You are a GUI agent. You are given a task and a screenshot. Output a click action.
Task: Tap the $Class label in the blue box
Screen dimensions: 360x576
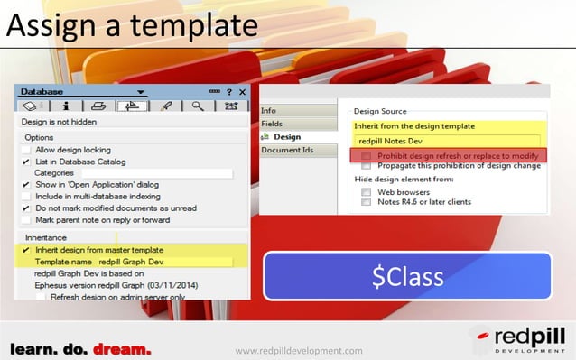pos(408,277)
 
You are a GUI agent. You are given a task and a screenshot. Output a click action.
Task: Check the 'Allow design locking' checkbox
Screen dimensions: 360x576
pos(26,150)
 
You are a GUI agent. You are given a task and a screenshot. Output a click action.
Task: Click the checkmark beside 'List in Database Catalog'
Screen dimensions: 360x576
pos(26,162)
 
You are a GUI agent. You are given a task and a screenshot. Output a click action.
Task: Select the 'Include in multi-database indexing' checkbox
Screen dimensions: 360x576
pos(26,196)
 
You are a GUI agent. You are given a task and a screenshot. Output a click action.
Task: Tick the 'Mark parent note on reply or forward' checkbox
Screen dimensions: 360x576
pos(26,219)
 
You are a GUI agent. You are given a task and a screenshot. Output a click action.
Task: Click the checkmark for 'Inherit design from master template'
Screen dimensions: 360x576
pos(26,250)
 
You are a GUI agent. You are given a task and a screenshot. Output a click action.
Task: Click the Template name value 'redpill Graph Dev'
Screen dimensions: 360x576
pos(131,262)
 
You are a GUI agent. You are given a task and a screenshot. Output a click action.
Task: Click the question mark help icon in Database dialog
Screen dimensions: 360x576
pos(229,92)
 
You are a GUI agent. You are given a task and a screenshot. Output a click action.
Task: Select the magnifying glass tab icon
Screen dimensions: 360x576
pos(197,106)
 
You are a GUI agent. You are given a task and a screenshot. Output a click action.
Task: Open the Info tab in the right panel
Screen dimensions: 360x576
pos(268,110)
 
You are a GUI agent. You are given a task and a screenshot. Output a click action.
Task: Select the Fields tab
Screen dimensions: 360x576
pos(272,124)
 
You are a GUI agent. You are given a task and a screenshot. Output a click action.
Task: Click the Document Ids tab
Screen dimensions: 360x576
pos(287,150)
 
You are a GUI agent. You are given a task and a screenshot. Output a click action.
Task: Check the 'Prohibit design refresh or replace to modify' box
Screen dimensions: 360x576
pos(366,156)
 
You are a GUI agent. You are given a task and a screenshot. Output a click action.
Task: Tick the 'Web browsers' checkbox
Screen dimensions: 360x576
pos(366,191)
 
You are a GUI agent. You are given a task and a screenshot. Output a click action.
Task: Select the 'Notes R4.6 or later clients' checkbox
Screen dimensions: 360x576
pos(366,202)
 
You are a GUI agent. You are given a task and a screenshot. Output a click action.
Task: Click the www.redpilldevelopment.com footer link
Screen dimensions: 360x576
pos(298,350)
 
